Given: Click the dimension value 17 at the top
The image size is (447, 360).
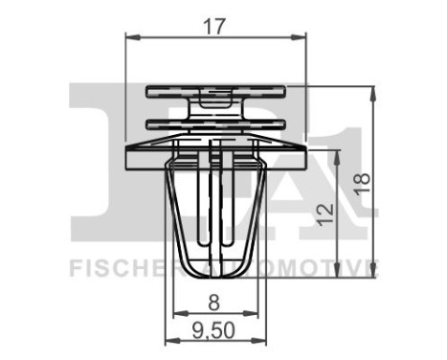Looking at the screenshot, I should pyautogui.click(x=219, y=28).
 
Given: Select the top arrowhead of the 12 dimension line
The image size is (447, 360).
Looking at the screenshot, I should pyautogui.click(x=338, y=150).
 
